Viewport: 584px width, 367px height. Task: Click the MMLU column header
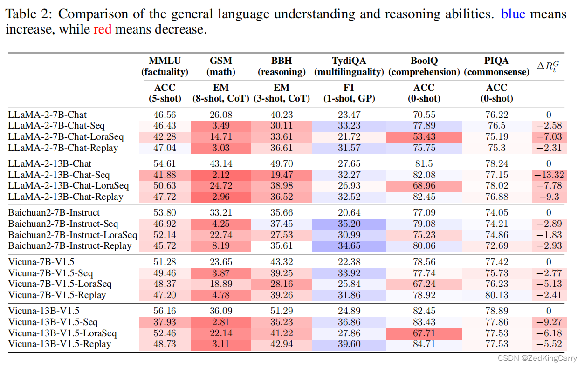[x=165, y=61]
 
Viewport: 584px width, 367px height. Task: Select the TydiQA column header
[x=349, y=61]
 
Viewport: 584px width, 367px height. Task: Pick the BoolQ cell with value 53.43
[x=423, y=137]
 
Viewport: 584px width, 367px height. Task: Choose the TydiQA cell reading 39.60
[x=349, y=345]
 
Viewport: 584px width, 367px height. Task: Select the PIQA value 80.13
[x=496, y=295]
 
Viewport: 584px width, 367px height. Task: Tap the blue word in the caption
[x=513, y=14]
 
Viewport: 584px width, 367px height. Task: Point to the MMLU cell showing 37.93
[x=165, y=322]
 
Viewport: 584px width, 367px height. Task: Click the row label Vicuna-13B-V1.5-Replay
[x=60, y=345]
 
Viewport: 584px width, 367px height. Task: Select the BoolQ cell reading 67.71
[x=423, y=333]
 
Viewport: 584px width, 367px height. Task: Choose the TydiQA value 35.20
[x=349, y=224]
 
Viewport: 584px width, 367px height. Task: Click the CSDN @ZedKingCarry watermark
[x=537, y=358]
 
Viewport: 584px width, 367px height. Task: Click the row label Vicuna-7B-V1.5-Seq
[x=53, y=273]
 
